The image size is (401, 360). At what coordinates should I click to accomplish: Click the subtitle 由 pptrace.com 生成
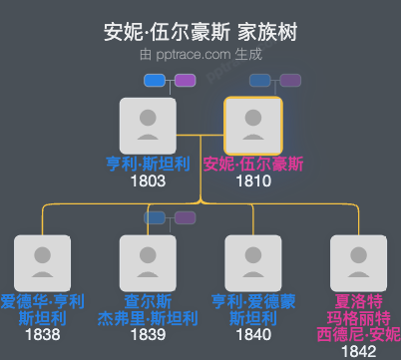(200, 56)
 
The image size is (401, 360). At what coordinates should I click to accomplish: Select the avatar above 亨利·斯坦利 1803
(147, 125)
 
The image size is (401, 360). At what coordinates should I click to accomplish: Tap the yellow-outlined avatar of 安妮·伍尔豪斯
(253, 125)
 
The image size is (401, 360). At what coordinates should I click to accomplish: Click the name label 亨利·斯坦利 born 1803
(147, 164)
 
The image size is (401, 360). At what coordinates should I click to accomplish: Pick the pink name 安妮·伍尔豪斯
(253, 164)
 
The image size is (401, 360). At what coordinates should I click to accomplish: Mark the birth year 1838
(42, 335)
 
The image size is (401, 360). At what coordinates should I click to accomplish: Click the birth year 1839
(147, 335)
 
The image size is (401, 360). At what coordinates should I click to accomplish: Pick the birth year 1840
(253, 335)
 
